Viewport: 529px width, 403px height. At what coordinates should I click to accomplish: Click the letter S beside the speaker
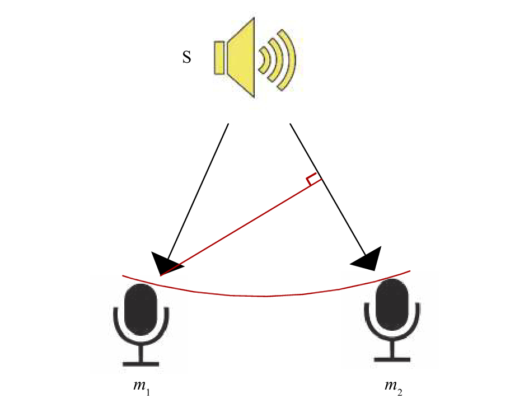click(186, 57)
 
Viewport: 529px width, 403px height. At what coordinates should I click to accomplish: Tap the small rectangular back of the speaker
click(219, 58)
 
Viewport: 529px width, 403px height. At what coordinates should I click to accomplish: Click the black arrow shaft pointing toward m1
click(198, 191)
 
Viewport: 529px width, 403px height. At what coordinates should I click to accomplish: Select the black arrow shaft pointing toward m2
click(327, 189)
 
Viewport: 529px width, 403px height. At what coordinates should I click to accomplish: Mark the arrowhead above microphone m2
click(368, 259)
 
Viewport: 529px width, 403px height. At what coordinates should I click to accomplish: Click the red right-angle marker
click(313, 179)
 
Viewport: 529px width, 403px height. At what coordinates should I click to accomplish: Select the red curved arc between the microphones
click(266, 296)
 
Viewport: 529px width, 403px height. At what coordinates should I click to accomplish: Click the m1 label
click(142, 386)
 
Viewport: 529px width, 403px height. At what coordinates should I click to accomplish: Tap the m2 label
click(394, 386)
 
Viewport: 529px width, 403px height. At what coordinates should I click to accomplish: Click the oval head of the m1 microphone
click(141, 310)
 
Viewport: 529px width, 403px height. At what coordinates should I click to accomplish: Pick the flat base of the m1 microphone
click(141, 364)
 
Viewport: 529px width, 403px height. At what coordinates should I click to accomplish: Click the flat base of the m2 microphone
click(392, 359)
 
